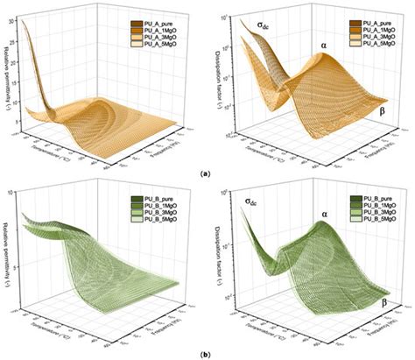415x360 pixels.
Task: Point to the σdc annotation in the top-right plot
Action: [x=264, y=25]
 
